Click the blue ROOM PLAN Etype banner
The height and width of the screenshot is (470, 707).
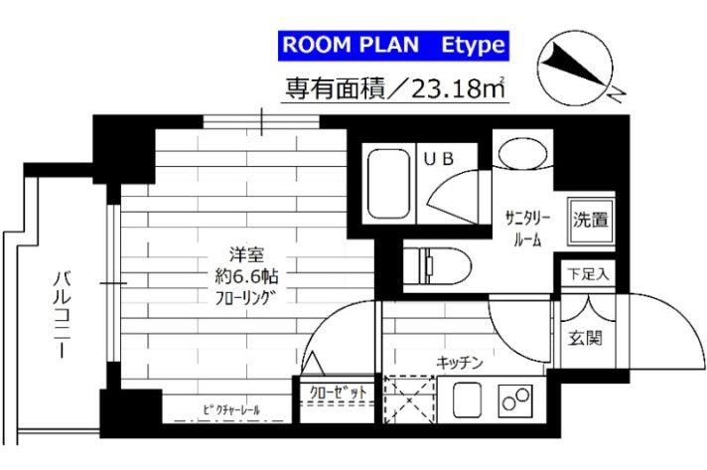(x=394, y=45)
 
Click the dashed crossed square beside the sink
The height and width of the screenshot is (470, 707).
(x=409, y=401)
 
